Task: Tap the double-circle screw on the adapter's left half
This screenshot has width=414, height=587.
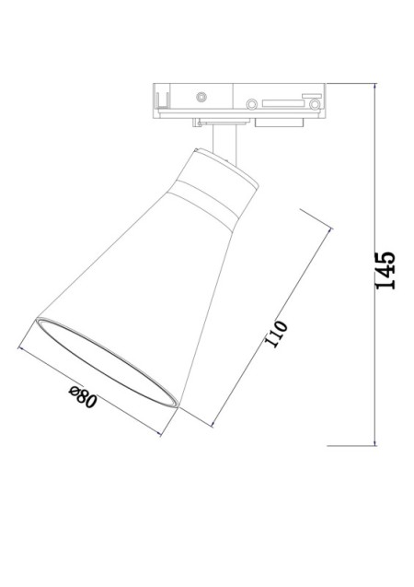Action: point(201,96)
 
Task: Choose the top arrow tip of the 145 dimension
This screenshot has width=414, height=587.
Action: point(375,87)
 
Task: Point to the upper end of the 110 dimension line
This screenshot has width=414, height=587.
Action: point(329,237)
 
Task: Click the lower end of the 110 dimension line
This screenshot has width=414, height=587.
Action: point(213,425)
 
